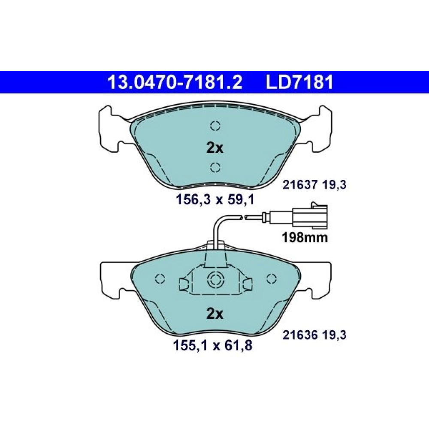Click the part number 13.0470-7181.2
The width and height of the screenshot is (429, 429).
click(175, 82)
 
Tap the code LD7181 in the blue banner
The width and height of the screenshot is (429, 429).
click(300, 82)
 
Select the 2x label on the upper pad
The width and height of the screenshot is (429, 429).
click(215, 148)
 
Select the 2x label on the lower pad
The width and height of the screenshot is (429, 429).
click(215, 314)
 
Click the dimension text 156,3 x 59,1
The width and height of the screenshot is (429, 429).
click(215, 200)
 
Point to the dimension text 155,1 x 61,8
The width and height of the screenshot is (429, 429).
click(213, 345)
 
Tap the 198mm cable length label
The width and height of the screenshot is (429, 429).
click(305, 238)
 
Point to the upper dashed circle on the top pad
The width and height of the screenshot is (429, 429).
click(215, 126)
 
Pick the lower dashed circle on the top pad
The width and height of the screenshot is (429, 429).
click(215, 167)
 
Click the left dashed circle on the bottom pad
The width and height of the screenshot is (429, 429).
click(160, 279)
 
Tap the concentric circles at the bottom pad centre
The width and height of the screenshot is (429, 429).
click(215, 279)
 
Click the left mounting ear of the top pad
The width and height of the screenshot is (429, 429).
click(112, 129)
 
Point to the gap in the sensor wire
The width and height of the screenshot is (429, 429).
click(244, 217)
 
